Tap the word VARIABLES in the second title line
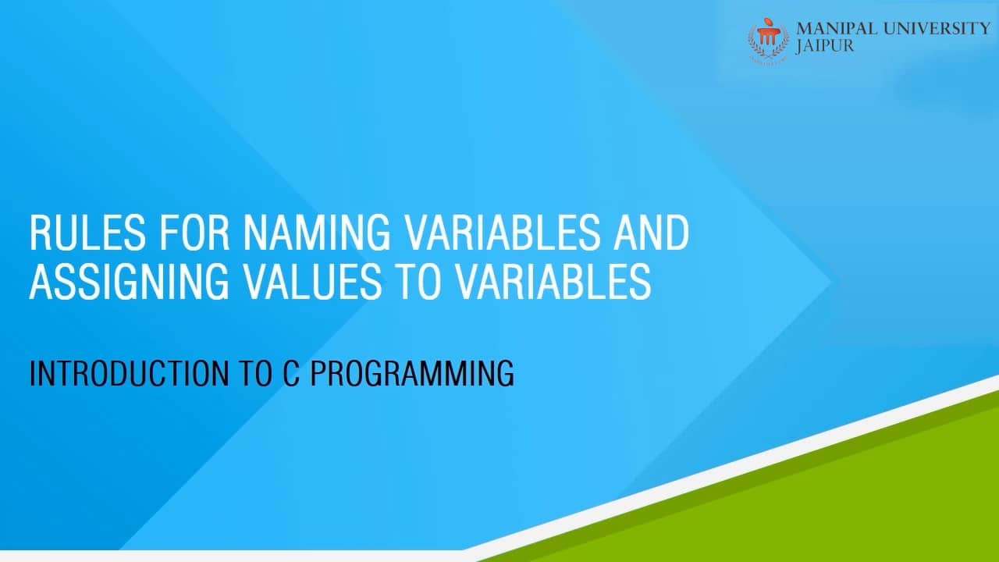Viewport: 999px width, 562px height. [x=549, y=283]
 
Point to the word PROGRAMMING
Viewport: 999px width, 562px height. [x=412, y=374]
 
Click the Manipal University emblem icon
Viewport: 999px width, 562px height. [x=769, y=39]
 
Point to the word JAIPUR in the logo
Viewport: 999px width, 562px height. [x=824, y=46]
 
